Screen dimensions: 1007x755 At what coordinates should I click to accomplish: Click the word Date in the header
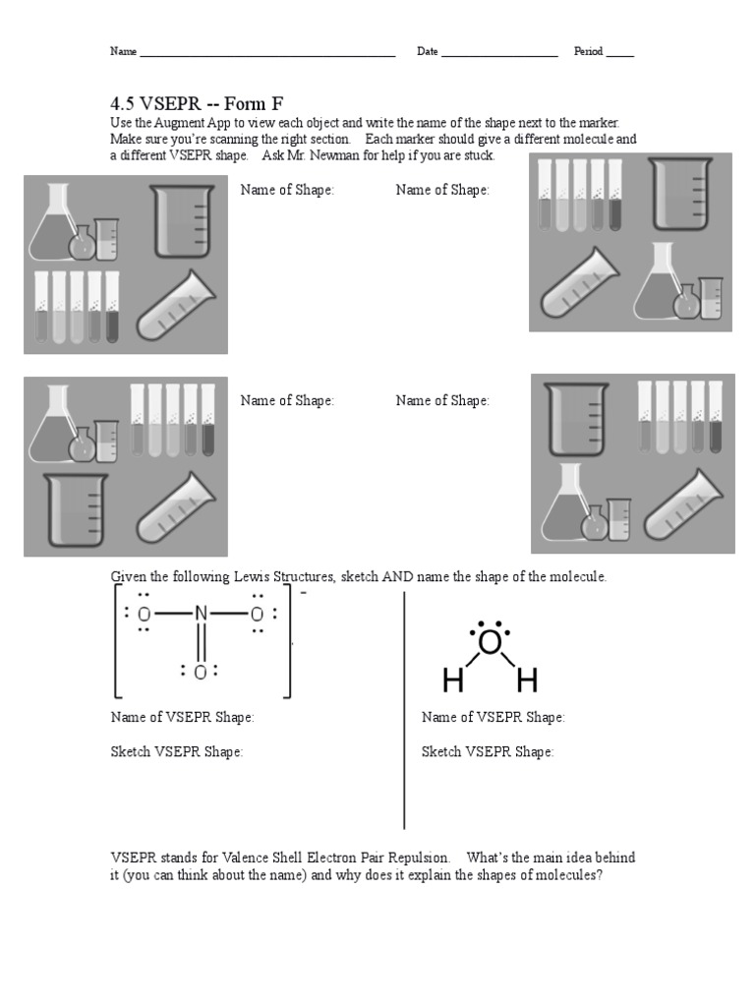[x=427, y=51]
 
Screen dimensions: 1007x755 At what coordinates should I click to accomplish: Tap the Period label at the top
[x=588, y=51]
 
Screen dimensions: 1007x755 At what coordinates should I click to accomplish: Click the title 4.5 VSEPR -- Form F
[x=196, y=103]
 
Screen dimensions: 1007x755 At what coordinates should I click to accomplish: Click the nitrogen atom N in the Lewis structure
[x=202, y=615]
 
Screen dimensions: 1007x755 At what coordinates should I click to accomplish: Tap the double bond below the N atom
[x=202, y=644]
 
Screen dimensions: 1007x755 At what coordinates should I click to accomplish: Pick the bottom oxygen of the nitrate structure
[x=201, y=673]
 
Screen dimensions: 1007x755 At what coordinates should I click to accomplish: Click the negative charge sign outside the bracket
[x=304, y=595]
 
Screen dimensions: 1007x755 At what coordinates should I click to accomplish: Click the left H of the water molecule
[x=452, y=680]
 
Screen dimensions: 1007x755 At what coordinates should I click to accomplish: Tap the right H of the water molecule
[x=527, y=680]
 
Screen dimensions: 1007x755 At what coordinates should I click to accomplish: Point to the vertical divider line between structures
[x=404, y=708]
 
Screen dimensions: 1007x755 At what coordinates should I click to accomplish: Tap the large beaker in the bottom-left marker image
[x=74, y=509]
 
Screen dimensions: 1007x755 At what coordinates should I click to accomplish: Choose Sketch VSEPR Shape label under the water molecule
[x=488, y=752]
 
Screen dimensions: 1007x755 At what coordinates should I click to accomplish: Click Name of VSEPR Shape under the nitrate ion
[x=182, y=718]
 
